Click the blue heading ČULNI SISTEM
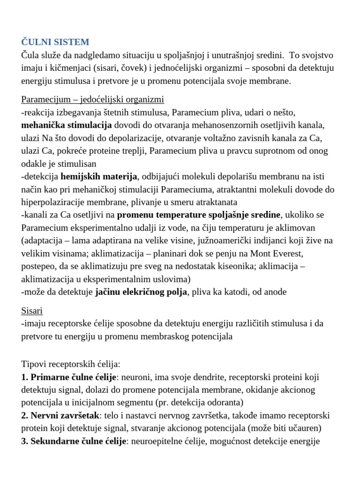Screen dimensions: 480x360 [55, 42]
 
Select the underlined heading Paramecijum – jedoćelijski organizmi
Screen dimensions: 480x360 [93, 99]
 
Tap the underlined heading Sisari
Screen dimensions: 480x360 [32, 310]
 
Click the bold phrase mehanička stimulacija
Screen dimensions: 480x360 [67, 125]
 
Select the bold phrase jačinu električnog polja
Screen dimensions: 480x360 [141, 292]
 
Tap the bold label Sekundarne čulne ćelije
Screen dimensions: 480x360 [78, 442]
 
